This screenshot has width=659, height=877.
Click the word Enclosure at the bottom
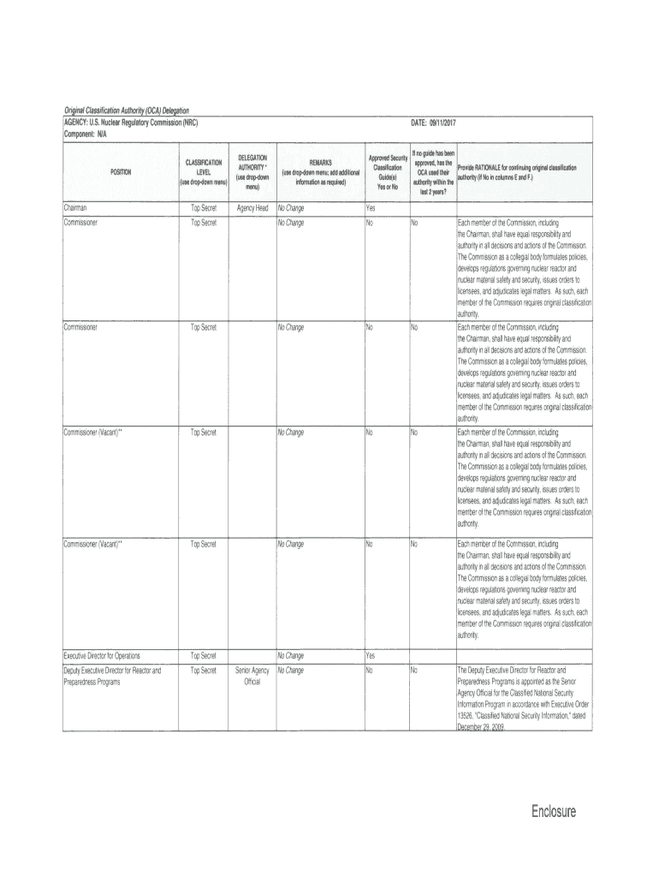tap(551, 811)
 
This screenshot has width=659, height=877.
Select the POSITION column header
tap(120, 172)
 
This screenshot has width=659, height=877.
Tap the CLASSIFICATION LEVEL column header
tap(203, 172)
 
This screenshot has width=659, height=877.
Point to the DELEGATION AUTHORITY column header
tap(252, 172)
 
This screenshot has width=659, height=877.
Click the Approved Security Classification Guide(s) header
tap(387, 172)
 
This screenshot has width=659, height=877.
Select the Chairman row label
tap(74, 207)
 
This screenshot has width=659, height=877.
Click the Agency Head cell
tap(252, 207)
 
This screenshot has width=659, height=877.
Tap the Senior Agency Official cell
tap(252, 676)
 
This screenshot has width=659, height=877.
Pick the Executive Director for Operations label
tap(103, 656)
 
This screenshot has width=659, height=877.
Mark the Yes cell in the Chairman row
tap(371, 207)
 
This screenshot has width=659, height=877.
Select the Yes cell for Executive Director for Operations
tap(371, 656)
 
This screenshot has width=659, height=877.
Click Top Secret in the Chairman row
tap(203, 207)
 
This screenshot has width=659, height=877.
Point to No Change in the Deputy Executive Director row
tap(290, 670)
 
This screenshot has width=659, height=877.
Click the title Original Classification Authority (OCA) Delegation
tap(126, 110)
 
